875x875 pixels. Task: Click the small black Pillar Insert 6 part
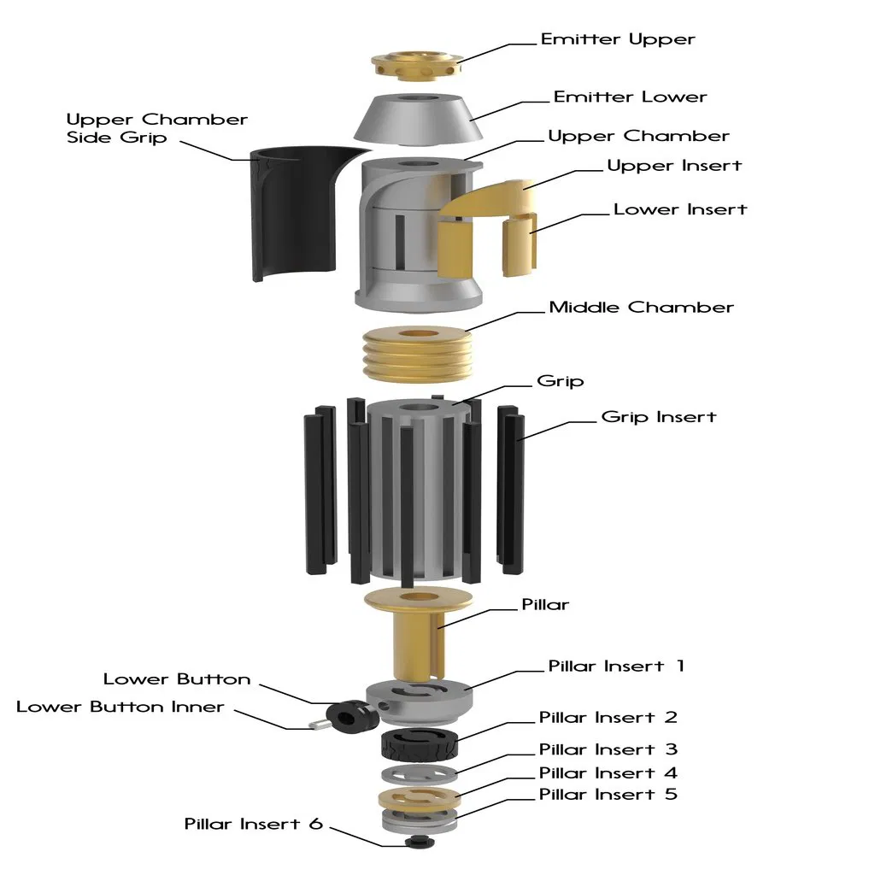pos(418,842)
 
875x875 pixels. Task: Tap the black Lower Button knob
pos(349,714)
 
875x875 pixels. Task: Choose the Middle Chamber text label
pos(641,307)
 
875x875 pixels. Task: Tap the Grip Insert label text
pos(658,417)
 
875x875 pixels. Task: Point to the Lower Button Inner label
pos(120,707)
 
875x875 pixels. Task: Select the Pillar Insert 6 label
pos(254,824)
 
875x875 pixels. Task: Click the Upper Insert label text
pos(674,165)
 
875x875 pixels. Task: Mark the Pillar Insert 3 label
pos(608,749)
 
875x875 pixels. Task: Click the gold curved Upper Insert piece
pos(491,201)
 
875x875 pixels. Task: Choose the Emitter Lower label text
pos(630,97)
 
